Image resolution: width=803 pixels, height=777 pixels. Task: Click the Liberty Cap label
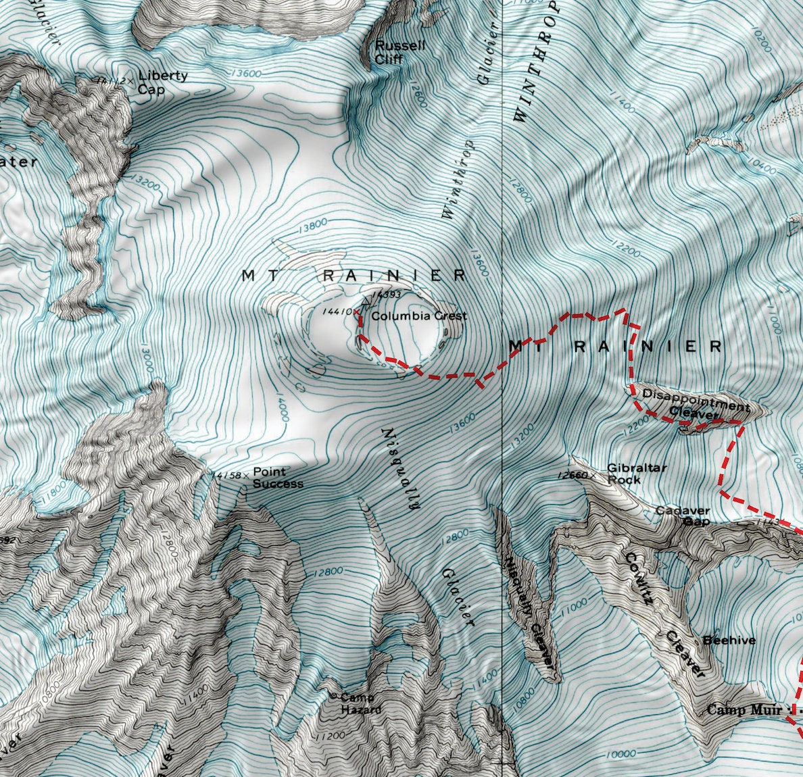click(x=162, y=82)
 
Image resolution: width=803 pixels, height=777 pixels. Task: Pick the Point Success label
click(x=277, y=478)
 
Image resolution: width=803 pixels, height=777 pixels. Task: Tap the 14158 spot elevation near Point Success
click(x=227, y=476)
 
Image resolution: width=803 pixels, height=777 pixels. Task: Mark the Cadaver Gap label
click(x=683, y=516)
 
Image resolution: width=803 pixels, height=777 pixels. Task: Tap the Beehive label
click(x=729, y=640)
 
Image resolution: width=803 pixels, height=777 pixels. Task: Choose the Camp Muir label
click(x=744, y=710)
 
